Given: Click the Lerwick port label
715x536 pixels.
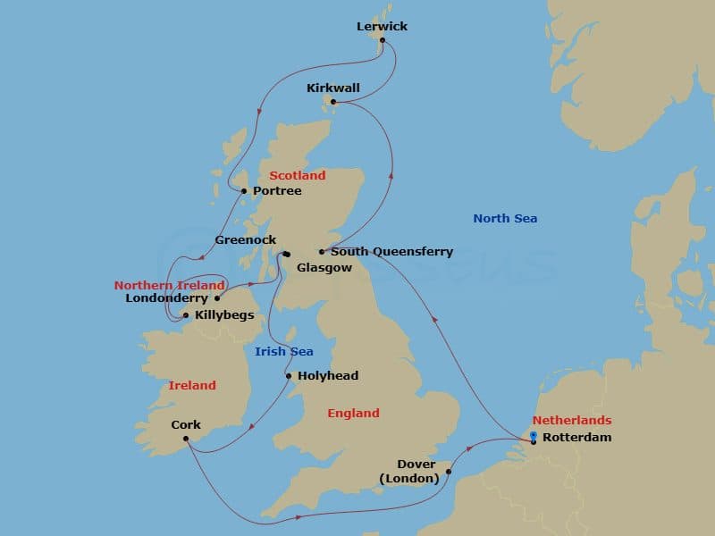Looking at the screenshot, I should tap(382, 26).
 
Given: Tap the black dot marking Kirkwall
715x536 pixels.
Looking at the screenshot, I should tap(333, 102).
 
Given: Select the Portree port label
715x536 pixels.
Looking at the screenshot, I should tap(277, 191).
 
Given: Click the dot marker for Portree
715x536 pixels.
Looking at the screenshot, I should tap(243, 190).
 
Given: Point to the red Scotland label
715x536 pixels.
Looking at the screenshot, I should tap(298, 175).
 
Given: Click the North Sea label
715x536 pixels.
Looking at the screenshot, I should tap(505, 218).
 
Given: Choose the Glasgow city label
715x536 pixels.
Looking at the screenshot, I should tap(324, 267).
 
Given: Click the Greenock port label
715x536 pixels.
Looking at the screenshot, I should tap(246, 240).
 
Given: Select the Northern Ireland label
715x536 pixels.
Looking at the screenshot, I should tap(169, 285).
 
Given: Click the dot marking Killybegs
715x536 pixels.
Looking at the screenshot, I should tap(185, 315).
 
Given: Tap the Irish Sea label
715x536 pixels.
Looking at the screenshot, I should tap(283, 351).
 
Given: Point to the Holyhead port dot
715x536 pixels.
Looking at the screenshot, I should tap(289, 376).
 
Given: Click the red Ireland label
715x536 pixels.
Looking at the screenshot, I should tap(192, 385).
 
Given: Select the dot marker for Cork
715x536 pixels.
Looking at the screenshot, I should tap(185, 438).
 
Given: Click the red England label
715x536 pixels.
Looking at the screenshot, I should tap(353, 413).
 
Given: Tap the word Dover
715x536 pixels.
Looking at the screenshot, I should tap(416, 465).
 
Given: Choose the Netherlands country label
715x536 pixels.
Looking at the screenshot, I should tap(572, 420).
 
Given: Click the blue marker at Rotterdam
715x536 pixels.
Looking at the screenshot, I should tap(533, 436).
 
